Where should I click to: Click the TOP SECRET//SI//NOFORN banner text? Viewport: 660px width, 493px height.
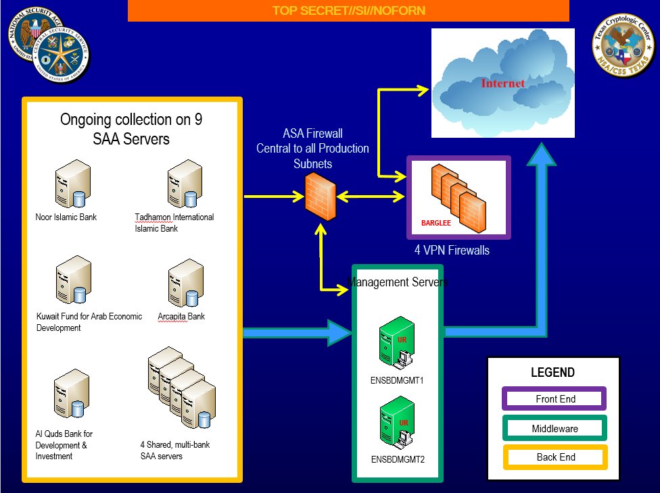tap(348, 11)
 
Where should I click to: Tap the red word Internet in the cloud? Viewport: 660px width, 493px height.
tap(502, 84)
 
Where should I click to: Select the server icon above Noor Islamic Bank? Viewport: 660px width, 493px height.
tap(71, 184)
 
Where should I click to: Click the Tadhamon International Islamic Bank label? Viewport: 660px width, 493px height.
tap(174, 222)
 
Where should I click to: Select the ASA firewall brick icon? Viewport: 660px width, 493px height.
tap(319, 195)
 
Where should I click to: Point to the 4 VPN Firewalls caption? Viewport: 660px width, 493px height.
tap(452, 251)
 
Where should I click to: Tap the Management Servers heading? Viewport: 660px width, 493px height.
tap(397, 282)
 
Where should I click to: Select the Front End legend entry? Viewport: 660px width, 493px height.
tap(555, 399)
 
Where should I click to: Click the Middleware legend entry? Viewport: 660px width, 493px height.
tap(555, 428)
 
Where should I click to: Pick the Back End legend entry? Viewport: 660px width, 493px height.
tap(555, 457)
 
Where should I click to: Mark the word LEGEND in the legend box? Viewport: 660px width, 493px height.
tap(552, 373)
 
